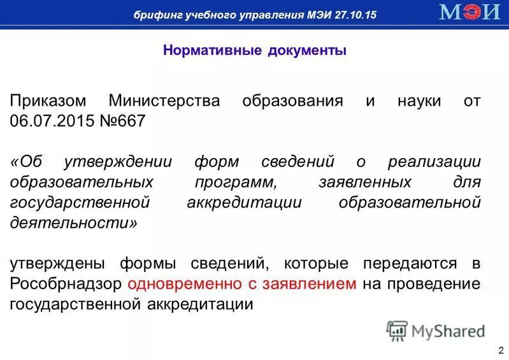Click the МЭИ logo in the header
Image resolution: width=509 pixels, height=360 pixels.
click(x=470, y=13)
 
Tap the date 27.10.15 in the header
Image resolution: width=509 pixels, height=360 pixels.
click(x=354, y=14)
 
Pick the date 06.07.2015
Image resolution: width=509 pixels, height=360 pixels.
click(x=51, y=121)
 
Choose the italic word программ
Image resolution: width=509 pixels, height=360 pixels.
click(x=235, y=182)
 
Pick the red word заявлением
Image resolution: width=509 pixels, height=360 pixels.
click(x=312, y=284)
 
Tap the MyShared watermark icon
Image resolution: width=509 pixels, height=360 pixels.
click(x=397, y=331)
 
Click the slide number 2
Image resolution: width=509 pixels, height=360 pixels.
click(x=501, y=350)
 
